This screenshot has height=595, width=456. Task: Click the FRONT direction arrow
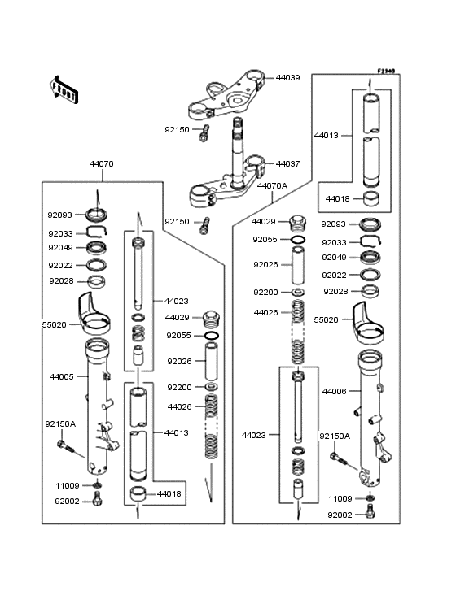[x=64, y=89]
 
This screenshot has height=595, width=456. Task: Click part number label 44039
[x=287, y=78]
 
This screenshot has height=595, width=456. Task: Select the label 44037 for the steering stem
[x=287, y=164]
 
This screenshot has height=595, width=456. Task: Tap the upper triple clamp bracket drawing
[x=226, y=94]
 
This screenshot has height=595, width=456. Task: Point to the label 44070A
[x=272, y=186]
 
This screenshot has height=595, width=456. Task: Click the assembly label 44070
[x=102, y=164]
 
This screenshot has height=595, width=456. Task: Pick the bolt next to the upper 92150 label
[x=204, y=133]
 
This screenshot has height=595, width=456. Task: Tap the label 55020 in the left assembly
[x=54, y=325]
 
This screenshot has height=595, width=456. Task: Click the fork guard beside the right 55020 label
[x=368, y=321]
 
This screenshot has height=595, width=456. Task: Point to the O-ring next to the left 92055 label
[x=211, y=336]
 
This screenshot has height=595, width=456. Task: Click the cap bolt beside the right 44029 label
[x=297, y=223]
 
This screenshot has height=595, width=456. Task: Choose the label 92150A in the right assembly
[x=335, y=436]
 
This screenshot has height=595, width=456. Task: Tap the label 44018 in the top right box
[x=337, y=199]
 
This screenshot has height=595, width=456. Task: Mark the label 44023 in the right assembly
[x=254, y=435]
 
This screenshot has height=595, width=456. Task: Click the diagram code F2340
[x=386, y=71]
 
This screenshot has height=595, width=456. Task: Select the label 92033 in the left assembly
[x=60, y=234]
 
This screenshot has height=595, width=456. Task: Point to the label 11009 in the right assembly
[x=340, y=498]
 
